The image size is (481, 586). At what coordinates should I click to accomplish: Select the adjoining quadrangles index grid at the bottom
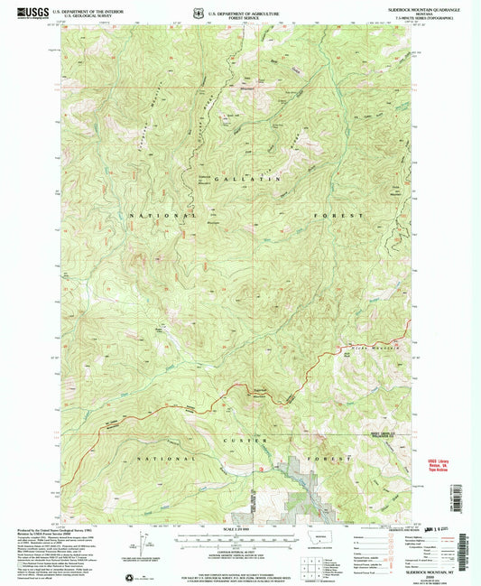pyautogui.click(x=312, y=569)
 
